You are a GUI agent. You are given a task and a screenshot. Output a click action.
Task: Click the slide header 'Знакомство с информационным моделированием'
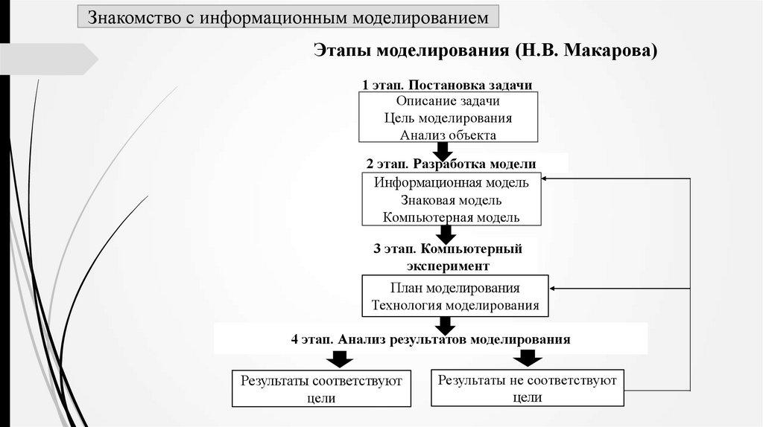[288, 17]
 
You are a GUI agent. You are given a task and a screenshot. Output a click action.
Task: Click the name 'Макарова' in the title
[610, 51]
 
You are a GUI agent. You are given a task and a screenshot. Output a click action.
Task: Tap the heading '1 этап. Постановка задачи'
[447, 86]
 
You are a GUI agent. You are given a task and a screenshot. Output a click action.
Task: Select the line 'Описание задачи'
[448, 101]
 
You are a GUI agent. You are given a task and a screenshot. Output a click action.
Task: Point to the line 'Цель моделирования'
[448, 118]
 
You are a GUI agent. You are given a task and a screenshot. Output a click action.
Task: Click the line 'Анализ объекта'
[448, 135]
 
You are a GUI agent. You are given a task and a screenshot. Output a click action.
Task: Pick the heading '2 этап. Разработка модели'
[451, 164]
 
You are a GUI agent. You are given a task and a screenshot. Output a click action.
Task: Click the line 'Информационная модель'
[452, 182]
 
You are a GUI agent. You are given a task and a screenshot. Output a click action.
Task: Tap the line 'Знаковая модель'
[451, 200]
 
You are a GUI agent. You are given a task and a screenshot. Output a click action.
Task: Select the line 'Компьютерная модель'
[452, 217]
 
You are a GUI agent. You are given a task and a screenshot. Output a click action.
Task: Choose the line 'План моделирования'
[455, 288]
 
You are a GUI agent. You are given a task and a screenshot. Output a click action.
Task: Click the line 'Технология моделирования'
[455, 305]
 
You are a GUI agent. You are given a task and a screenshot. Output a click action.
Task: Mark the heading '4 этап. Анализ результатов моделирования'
[431, 340]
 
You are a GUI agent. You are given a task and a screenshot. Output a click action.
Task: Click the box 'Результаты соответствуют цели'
[321, 389]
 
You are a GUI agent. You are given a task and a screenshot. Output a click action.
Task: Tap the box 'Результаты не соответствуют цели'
[528, 388]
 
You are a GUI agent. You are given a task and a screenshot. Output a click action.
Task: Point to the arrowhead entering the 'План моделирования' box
[554, 289]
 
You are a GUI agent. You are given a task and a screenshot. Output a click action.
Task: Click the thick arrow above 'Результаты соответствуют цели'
[338, 359]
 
